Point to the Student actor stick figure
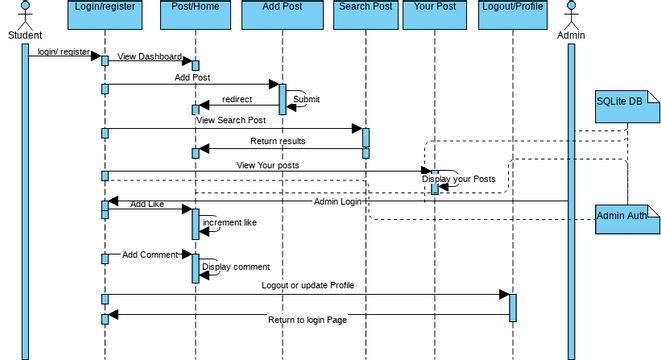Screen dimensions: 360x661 [x=24, y=16]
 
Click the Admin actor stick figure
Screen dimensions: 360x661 [x=571, y=16]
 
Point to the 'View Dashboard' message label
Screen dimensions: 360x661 [x=149, y=56]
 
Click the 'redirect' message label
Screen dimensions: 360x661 [x=237, y=99]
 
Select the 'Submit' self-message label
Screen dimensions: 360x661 [x=306, y=99]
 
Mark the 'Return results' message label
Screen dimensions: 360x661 [x=278, y=141]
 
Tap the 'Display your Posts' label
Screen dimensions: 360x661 [x=451, y=179]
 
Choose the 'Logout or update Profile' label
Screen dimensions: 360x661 [x=307, y=285]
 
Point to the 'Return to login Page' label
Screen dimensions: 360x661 [x=307, y=319]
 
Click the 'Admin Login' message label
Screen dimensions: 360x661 [x=337, y=202]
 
